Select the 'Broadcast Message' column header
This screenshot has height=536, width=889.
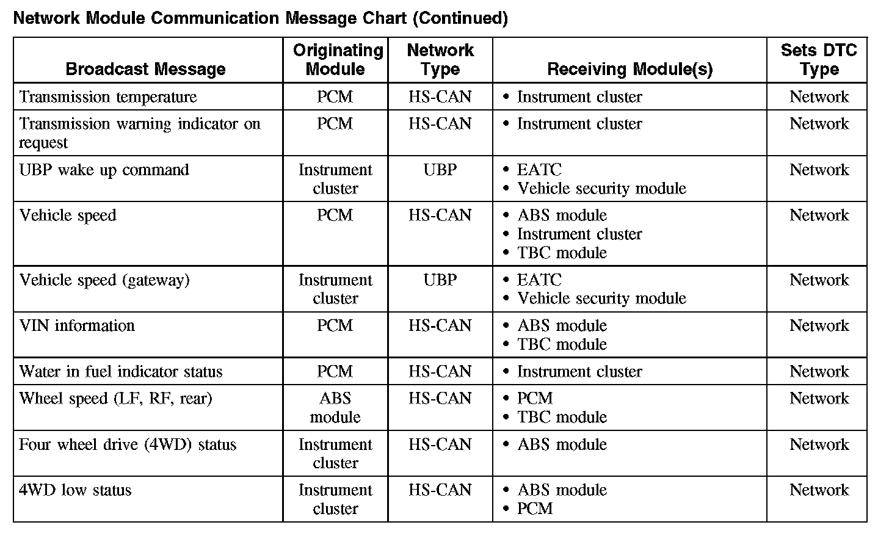[x=145, y=69]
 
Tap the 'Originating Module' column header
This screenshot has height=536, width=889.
[x=335, y=59]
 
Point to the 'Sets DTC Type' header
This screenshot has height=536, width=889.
[x=818, y=59]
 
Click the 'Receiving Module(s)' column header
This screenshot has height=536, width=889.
[x=630, y=69]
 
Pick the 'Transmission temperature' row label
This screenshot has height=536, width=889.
[x=108, y=97]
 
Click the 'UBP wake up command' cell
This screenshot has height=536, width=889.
[x=104, y=170]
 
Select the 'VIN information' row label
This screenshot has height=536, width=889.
[x=77, y=325]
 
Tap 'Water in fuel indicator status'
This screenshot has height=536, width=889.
[x=121, y=372]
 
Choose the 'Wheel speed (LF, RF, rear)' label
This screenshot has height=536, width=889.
[x=116, y=399]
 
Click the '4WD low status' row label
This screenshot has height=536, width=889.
[x=75, y=490]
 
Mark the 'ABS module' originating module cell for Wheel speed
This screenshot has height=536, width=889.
[x=335, y=408]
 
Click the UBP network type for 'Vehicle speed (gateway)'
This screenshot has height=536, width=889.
[x=440, y=280]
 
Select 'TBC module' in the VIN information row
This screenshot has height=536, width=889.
[x=562, y=344]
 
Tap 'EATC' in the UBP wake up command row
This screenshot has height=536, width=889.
[x=539, y=170]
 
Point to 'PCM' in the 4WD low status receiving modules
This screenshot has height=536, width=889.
[x=535, y=509]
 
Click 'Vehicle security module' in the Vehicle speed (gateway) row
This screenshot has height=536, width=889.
[x=601, y=299]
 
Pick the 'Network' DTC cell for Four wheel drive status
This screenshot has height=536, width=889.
[x=819, y=444]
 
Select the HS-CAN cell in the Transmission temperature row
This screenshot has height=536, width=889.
[x=440, y=97]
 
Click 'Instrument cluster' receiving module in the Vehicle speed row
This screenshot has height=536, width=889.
[x=579, y=234]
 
